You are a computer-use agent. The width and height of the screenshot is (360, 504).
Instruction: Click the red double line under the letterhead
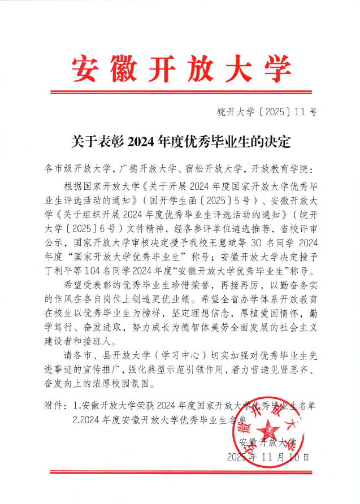click(x=180, y=92)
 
